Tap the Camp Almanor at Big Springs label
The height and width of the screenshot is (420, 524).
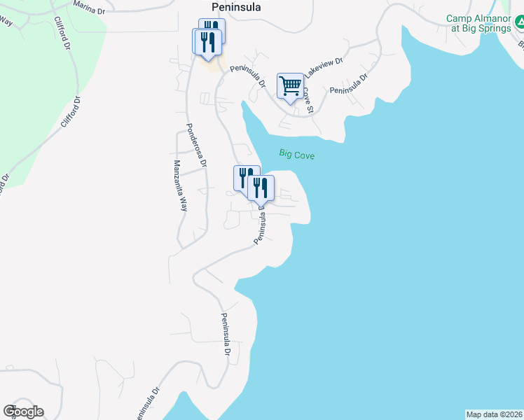point(478,23)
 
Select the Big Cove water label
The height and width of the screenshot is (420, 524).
point(297,153)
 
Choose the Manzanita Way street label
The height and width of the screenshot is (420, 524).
point(181,185)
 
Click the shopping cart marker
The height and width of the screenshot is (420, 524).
point(290,86)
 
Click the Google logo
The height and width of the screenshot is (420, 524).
point(23,412)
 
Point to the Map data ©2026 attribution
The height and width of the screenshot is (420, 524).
point(494,414)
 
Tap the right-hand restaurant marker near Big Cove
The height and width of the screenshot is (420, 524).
point(260,188)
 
